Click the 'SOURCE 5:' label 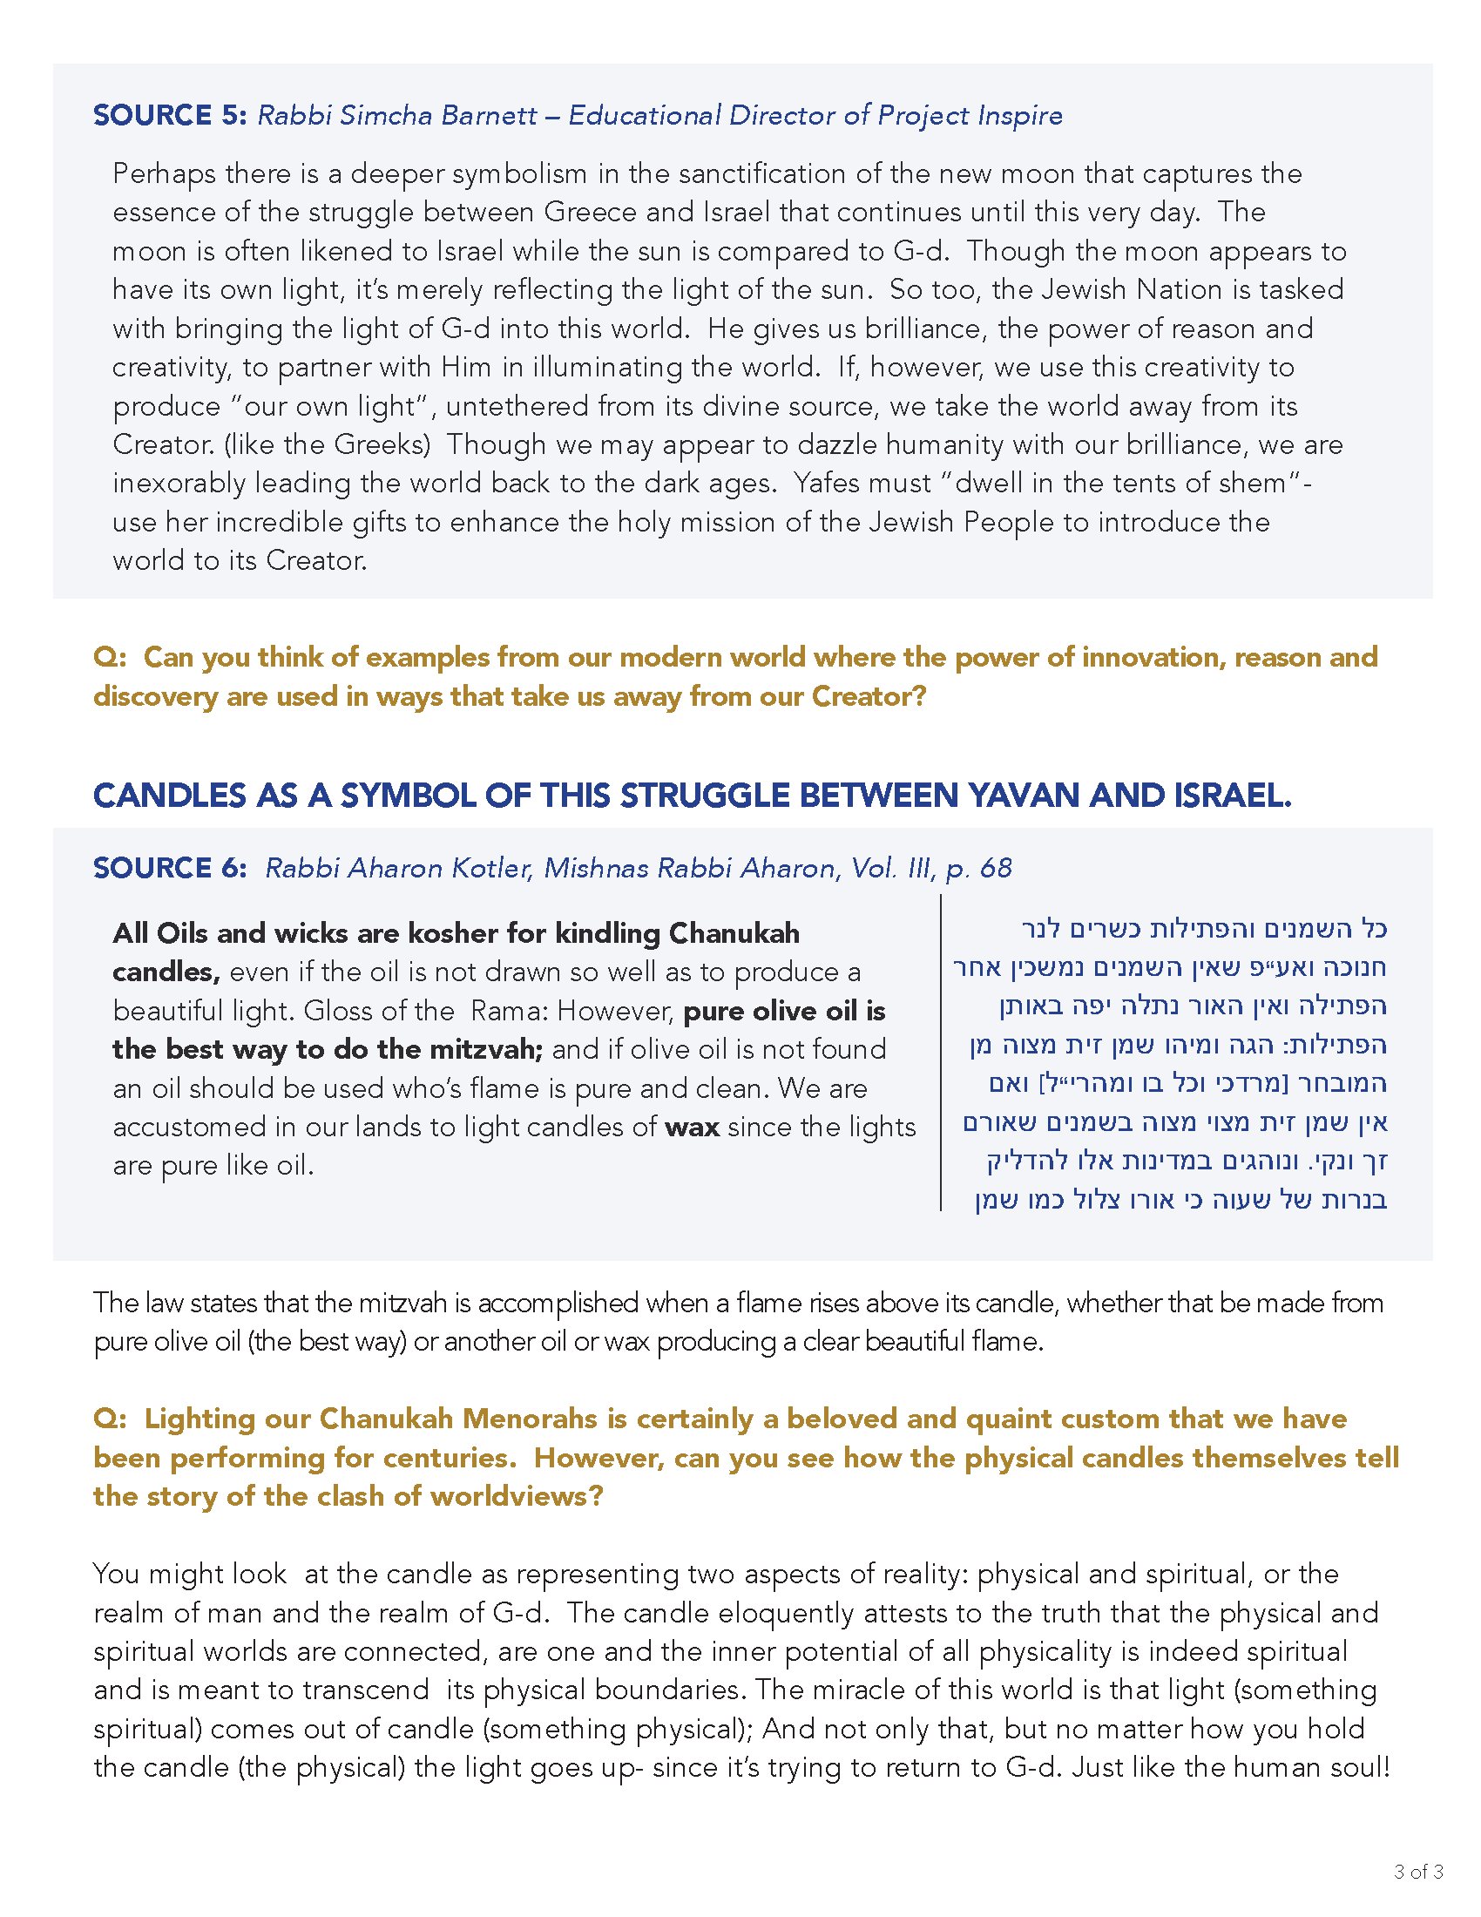coord(170,115)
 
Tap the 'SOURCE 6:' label coord(170,868)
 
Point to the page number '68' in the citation coord(996,868)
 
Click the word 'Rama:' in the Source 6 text coord(509,1011)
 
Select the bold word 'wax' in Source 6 coord(693,1127)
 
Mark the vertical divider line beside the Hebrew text coord(941,1053)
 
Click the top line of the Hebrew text coord(1204,929)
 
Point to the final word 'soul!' coord(1361,1768)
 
